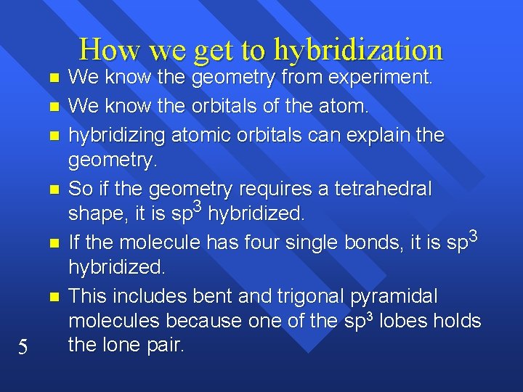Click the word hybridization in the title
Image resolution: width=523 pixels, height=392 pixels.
[x=358, y=49]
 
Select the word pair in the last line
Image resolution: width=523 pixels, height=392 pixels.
[x=166, y=345]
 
